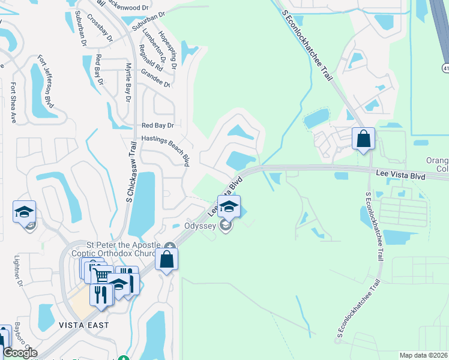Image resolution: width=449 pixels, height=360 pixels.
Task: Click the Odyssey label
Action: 199,226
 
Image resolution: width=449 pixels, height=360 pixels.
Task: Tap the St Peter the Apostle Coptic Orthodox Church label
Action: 125,249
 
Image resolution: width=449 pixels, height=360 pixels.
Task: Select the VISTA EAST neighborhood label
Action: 84,325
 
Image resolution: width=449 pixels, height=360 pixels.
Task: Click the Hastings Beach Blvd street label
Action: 166,145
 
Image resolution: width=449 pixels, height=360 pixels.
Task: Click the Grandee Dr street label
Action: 155,77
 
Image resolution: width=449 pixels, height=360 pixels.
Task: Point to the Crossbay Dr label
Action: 100,27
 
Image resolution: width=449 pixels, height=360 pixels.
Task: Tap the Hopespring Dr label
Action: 167,50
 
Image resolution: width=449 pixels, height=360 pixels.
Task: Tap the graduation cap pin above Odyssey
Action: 229,207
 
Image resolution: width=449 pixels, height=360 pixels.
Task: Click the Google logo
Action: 20,353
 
